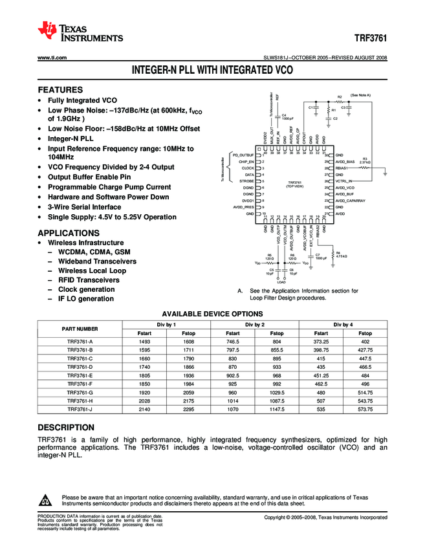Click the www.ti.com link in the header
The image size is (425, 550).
(x=52, y=58)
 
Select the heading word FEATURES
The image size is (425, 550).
(x=60, y=90)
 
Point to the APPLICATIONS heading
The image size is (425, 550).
(x=69, y=233)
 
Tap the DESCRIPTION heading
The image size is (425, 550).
(x=67, y=428)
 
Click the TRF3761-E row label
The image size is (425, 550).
(x=80, y=375)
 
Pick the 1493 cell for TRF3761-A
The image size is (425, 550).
(x=144, y=341)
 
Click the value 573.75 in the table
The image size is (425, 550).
(x=365, y=410)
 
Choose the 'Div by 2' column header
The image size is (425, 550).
(x=254, y=324)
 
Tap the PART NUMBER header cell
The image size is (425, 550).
(x=80, y=328)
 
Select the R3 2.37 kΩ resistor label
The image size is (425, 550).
(x=365, y=161)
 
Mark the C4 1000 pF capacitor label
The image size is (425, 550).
(x=287, y=117)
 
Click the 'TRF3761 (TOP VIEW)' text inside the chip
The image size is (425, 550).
(x=294, y=184)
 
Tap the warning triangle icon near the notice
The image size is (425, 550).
(x=45, y=501)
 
